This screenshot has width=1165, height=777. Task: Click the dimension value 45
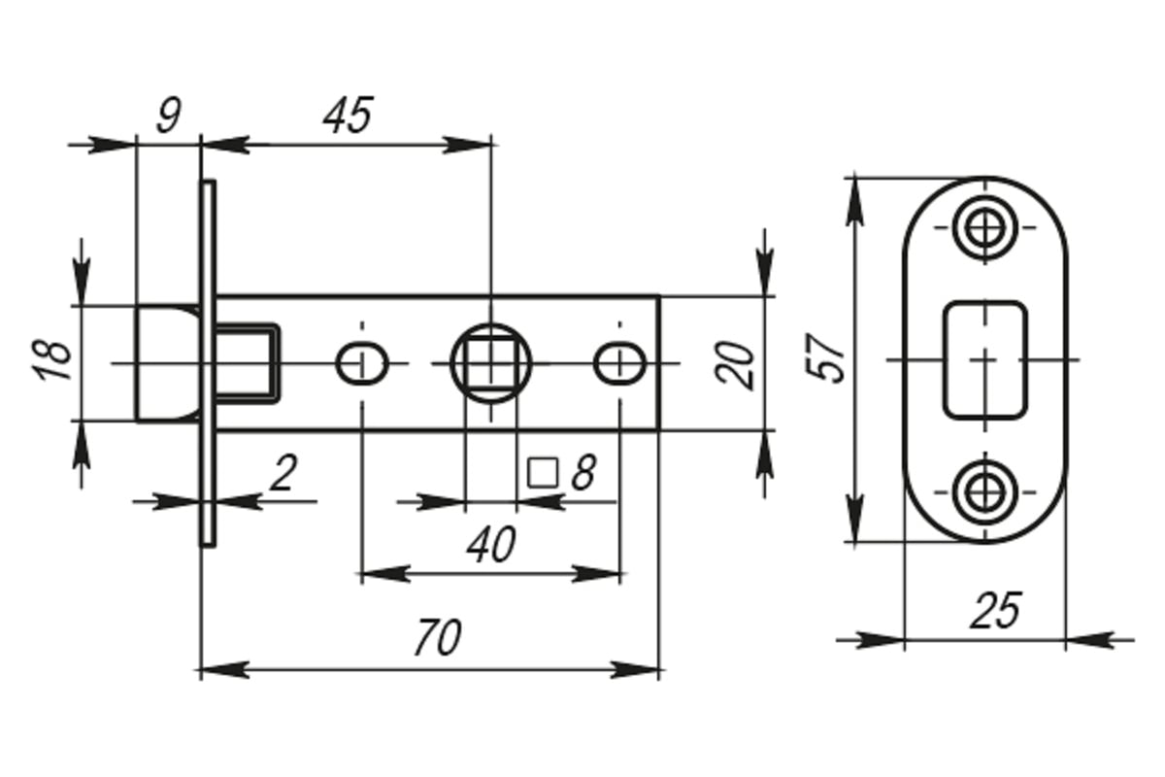(x=348, y=115)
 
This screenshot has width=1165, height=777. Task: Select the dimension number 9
(x=170, y=115)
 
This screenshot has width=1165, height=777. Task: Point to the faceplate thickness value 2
(x=283, y=472)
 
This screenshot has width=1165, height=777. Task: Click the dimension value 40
(x=491, y=544)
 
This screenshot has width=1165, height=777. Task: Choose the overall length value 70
(x=438, y=637)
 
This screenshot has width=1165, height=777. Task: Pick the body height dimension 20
(x=734, y=365)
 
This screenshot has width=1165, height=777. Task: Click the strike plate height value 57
(x=825, y=357)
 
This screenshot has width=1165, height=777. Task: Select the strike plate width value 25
(x=995, y=610)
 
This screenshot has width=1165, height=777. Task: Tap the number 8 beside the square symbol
(x=583, y=473)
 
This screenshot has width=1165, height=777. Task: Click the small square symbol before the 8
(x=543, y=473)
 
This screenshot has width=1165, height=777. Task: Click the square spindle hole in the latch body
(x=491, y=363)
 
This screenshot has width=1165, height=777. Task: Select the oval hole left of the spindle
(x=362, y=363)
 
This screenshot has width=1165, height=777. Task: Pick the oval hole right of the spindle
(x=619, y=363)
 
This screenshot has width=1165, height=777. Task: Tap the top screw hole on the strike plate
(x=985, y=227)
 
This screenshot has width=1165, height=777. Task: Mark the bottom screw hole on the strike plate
(x=985, y=491)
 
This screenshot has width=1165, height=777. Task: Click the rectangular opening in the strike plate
(x=985, y=359)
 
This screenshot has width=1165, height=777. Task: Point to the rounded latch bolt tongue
(x=167, y=363)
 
